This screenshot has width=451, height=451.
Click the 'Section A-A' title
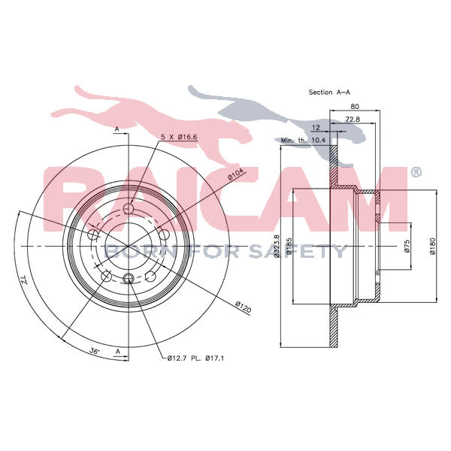pyautogui.click(x=329, y=92)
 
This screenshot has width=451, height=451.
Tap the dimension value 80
pyautogui.click(x=355, y=107)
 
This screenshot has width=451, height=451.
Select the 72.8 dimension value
pyautogui.click(x=353, y=119)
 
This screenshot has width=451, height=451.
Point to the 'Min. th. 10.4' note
pyautogui.click(x=303, y=141)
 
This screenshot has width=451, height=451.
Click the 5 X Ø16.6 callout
pyautogui.click(x=179, y=138)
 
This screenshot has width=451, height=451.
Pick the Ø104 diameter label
pyautogui.click(x=235, y=174)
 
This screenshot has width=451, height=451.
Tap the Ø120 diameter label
pyautogui.click(x=244, y=307)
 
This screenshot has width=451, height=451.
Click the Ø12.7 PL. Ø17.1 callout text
pyautogui.click(x=195, y=358)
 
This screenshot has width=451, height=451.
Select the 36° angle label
pyautogui.click(x=95, y=351)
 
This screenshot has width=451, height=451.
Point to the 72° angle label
pyautogui.click(x=23, y=280)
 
